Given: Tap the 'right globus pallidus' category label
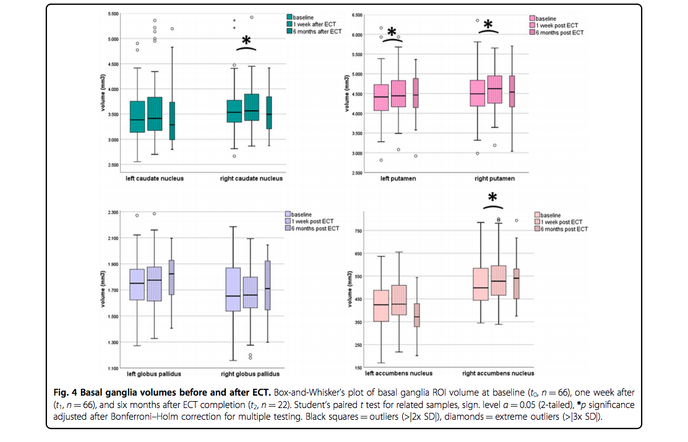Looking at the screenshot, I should pyautogui.click(x=251, y=373).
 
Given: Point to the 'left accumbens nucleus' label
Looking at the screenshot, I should pyautogui.click(x=398, y=373).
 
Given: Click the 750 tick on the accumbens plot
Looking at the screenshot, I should pyautogui.click(x=358, y=231).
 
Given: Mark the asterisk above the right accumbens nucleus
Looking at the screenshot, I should pyautogui.click(x=492, y=198).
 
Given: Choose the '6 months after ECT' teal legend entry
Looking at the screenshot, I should pyautogui.click(x=317, y=31).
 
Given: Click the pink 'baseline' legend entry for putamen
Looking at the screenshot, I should pyautogui.click(x=546, y=19).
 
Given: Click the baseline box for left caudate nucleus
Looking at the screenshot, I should pyautogui.click(x=137, y=116).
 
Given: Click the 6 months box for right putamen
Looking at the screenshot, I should pyautogui.click(x=512, y=91).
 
